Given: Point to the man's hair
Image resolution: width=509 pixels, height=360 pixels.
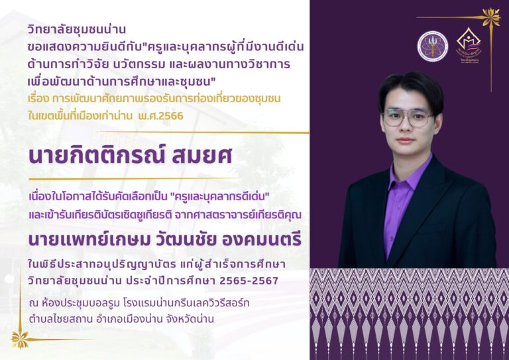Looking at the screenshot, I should click(x=410, y=87).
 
